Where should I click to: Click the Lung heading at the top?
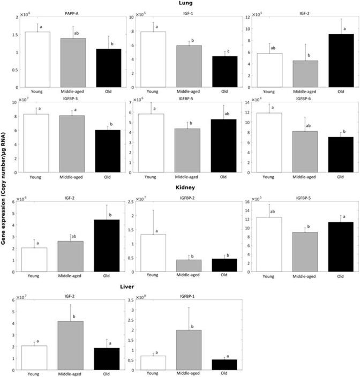[x=186, y=4]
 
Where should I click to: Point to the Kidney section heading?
[x=186, y=188]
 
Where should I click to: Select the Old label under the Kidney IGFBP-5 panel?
[x=340, y=275]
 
